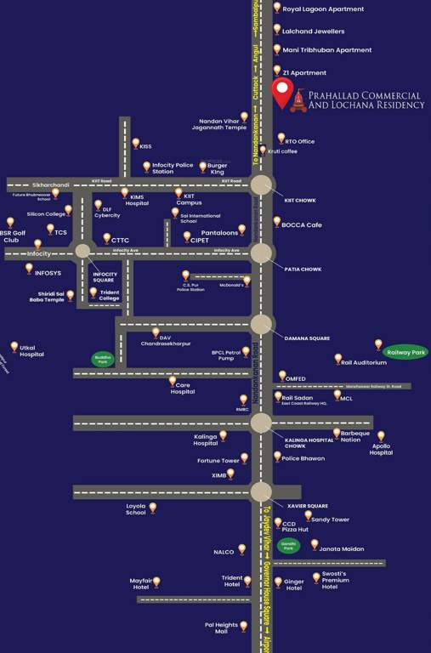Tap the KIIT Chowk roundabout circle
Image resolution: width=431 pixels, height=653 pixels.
[261, 185]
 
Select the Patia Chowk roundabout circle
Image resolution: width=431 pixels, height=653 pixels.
[261, 253]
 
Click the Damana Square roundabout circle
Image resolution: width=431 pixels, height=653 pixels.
[261, 324]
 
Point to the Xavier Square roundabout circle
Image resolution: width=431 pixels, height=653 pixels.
[261, 491]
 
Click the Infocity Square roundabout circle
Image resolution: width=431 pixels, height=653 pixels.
[82, 250]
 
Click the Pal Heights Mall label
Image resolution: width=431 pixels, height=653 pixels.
[221, 627]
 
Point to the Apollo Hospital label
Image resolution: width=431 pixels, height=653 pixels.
[381, 449]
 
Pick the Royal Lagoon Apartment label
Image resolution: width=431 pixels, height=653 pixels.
[323, 9]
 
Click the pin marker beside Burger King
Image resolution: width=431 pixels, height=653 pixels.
[202, 167]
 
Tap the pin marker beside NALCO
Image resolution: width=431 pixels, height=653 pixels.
[242, 549]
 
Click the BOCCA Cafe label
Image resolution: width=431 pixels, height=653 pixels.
[303, 224]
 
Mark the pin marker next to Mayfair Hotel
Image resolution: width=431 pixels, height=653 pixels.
[156, 582]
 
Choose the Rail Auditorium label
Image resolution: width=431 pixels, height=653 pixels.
[364, 362]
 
